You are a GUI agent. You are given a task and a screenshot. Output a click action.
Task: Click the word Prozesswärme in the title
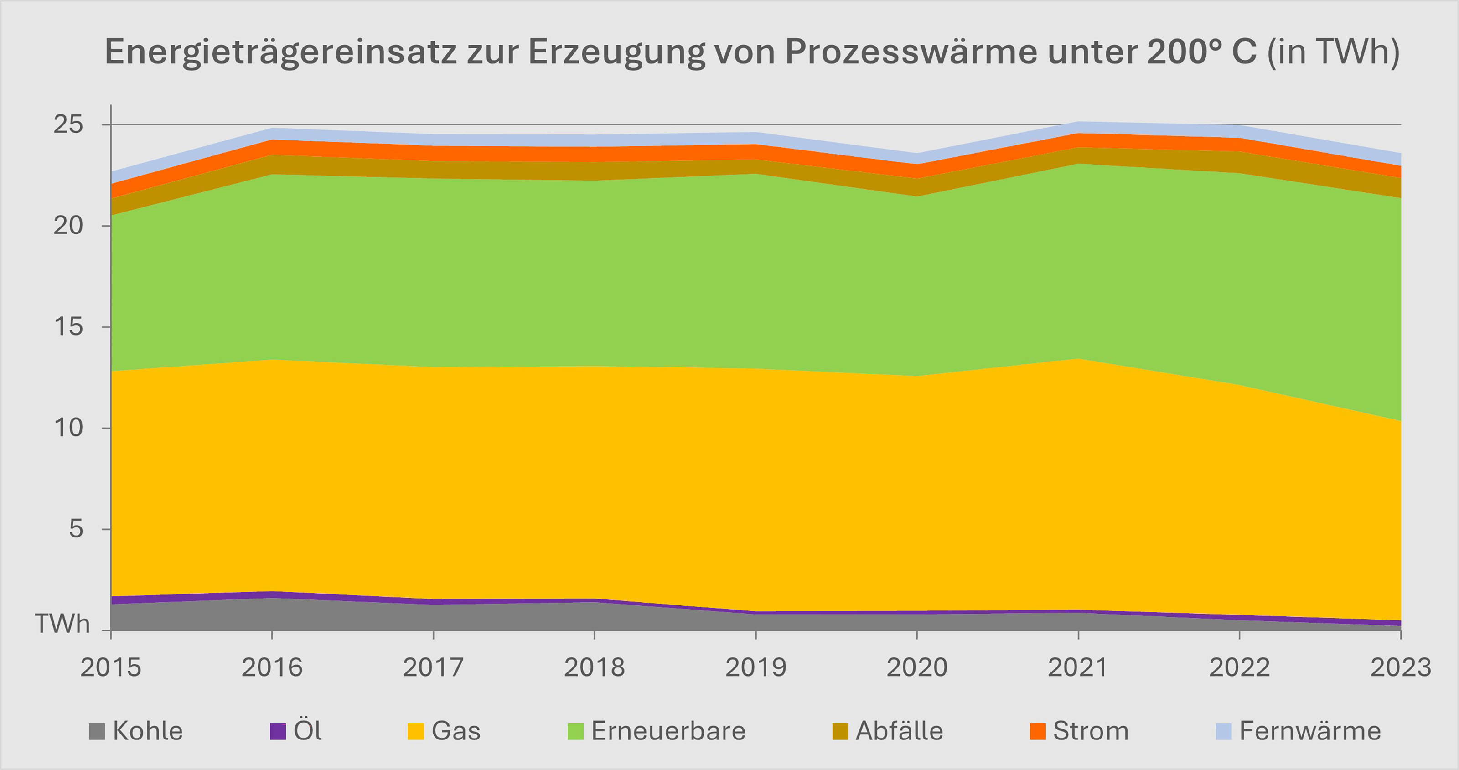click(911, 52)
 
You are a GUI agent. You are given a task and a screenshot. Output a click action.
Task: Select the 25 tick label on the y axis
click(68, 124)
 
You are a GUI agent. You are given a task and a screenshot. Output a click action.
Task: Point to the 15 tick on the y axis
click(68, 327)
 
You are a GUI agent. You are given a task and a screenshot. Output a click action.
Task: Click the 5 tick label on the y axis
click(76, 529)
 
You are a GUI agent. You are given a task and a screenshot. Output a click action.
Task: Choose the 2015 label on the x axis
click(110, 667)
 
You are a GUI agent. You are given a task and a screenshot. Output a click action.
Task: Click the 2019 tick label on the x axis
click(755, 667)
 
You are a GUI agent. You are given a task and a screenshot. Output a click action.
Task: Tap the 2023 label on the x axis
click(1400, 667)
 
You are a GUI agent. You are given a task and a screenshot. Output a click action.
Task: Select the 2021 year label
click(1078, 667)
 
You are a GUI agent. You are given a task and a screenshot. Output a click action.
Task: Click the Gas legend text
click(456, 731)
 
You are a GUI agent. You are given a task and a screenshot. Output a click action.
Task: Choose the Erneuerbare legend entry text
click(668, 731)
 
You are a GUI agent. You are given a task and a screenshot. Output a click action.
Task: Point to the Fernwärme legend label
click(1310, 731)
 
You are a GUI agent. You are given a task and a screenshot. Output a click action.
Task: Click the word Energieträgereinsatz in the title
click(280, 52)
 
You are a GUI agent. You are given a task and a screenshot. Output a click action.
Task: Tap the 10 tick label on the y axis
click(68, 428)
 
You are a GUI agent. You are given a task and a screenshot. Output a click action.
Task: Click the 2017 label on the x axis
click(433, 667)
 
